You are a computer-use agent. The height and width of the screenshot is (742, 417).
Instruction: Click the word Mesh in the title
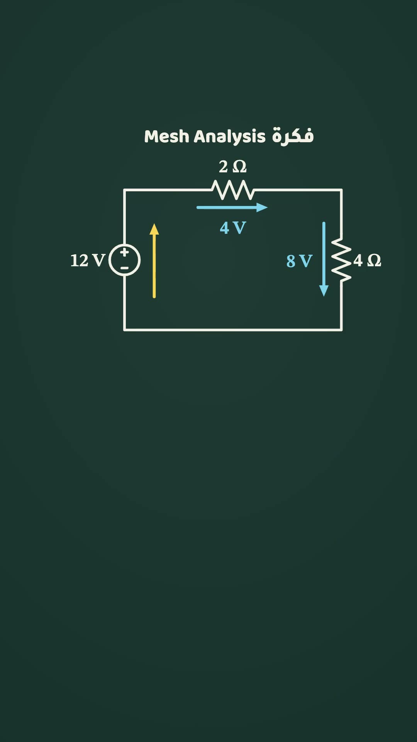167,136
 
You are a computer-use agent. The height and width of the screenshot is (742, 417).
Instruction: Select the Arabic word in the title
293,136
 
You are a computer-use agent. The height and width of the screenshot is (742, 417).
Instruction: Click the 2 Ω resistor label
232,167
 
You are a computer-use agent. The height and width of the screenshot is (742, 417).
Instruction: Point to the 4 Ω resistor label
367,260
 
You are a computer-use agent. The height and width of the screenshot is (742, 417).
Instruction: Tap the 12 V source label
88,260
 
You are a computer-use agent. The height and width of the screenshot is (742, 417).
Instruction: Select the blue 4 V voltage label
233,228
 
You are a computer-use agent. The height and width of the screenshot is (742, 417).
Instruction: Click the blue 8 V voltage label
299,261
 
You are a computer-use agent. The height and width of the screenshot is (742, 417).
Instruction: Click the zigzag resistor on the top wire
233,190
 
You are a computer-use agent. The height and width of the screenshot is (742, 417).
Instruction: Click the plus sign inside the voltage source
124,252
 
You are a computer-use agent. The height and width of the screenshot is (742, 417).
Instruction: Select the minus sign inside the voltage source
124,268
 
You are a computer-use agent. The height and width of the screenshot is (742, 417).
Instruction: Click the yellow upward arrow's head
154,229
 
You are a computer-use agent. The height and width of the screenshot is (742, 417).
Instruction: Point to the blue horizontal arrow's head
262,208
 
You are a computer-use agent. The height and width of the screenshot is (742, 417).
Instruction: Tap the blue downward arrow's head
324,291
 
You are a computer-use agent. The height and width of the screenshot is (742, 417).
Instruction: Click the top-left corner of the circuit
124,190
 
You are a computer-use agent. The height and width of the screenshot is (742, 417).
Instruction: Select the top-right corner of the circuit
341,190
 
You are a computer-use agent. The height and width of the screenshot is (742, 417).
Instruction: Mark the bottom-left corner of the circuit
124,330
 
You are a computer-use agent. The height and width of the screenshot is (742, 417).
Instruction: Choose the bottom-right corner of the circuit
341,330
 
